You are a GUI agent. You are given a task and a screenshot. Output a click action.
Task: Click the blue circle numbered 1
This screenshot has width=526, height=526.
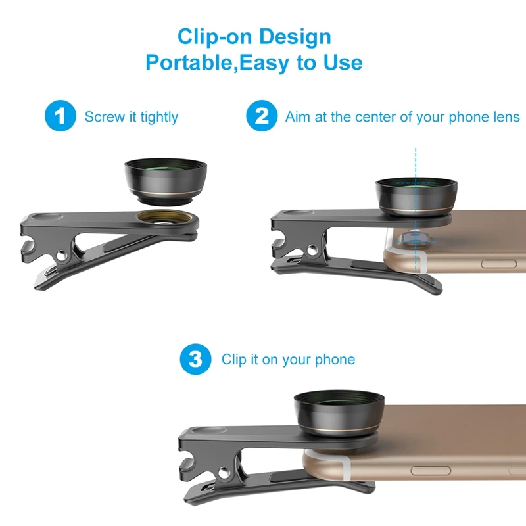[x=61, y=117]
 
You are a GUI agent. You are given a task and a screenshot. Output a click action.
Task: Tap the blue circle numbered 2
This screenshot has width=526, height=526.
[x=262, y=117]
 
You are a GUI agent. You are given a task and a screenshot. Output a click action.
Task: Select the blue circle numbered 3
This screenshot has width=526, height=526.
[x=195, y=359]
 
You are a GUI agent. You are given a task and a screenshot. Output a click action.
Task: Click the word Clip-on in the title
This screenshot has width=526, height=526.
[x=212, y=36]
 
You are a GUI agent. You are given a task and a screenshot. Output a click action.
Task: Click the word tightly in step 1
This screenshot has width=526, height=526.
[x=159, y=118]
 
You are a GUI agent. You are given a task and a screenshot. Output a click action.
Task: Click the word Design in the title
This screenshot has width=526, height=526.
[x=295, y=36]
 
